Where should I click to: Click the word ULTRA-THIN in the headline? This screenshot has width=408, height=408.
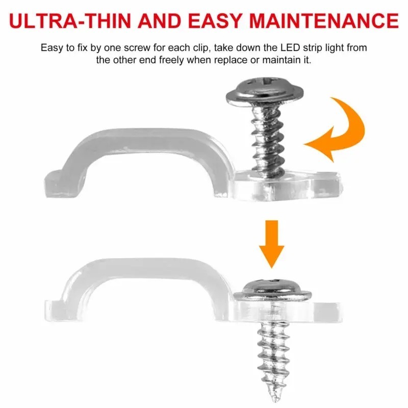click(70, 20)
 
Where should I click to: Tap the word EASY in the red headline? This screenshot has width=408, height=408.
click(215, 20)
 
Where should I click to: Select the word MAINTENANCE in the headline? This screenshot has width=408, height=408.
click(324, 20)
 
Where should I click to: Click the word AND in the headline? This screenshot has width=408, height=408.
click(159, 20)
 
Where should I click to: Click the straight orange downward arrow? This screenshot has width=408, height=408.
click(272, 244)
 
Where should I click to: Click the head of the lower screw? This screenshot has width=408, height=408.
click(272, 289)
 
